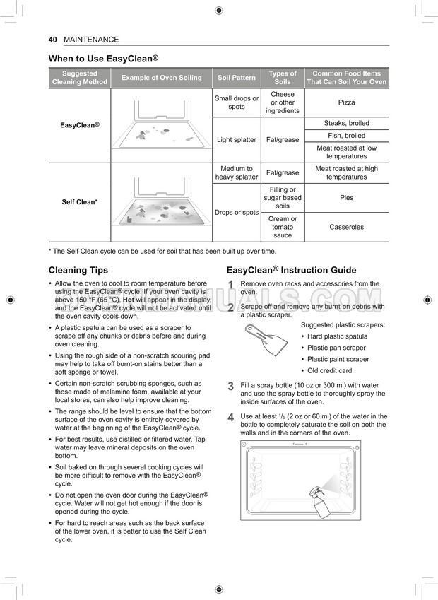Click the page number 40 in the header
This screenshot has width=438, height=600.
click(52, 40)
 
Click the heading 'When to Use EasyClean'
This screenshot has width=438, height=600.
click(102, 58)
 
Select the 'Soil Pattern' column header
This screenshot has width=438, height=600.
click(237, 78)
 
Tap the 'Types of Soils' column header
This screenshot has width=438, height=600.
click(283, 78)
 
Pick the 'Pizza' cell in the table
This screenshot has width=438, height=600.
click(346, 102)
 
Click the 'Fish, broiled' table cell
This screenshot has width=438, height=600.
click(346, 136)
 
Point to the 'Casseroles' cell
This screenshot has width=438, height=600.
click(346, 227)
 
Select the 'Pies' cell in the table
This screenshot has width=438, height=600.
click(346, 198)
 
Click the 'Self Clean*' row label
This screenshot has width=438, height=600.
click(79, 202)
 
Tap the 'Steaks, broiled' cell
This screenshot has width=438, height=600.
click(346, 123)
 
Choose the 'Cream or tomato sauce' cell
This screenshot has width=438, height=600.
click(283, 227)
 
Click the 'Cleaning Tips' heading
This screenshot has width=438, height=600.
click(78, 270)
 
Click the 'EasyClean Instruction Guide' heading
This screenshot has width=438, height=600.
click(291, 270)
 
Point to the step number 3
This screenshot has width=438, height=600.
click(230, 387)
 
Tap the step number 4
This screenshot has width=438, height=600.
click(230, 418)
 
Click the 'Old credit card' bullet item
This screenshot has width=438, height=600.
click(329, 370)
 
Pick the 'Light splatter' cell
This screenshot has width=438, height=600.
click(237, 140)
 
